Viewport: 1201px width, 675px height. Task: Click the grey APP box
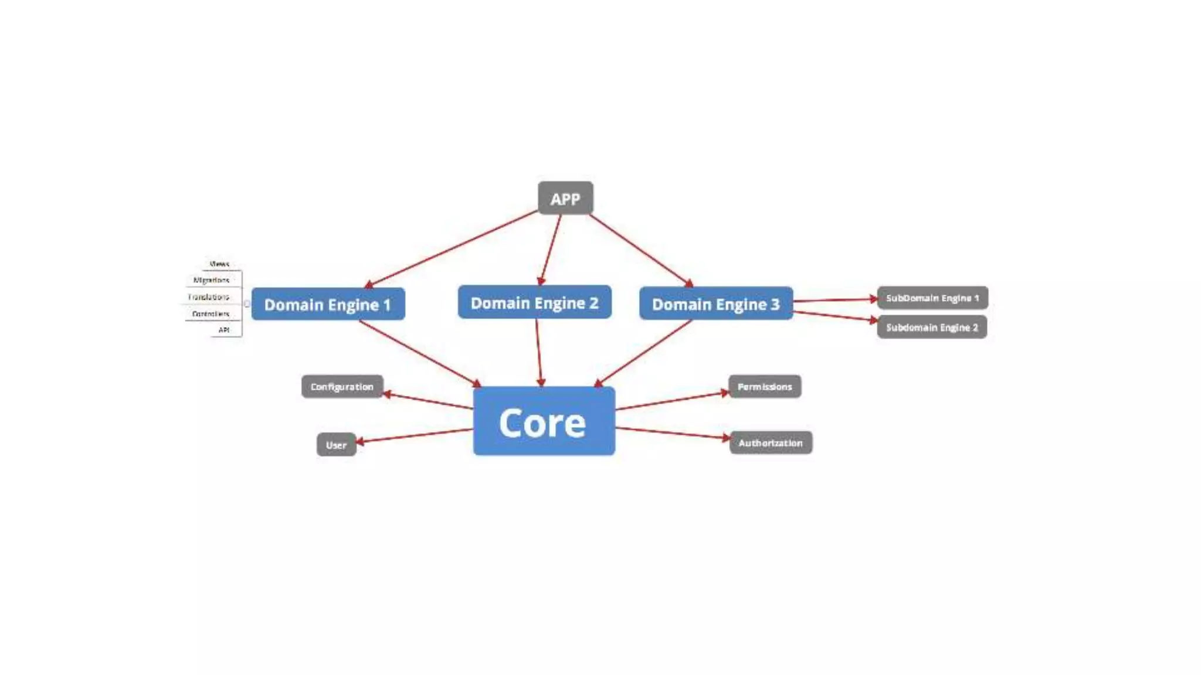565,199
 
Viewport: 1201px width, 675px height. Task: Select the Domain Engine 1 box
328,304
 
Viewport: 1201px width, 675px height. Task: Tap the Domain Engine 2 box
534,302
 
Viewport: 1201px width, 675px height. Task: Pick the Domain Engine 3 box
715,304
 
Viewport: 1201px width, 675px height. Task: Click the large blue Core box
544,421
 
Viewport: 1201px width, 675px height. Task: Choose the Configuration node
342,387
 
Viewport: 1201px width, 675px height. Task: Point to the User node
336,445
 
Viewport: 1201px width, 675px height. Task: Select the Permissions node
764,387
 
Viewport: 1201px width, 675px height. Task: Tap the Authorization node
770,443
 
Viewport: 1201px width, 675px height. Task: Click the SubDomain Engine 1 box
932,298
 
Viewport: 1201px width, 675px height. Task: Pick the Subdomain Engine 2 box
931,327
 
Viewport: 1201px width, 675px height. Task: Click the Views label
219,264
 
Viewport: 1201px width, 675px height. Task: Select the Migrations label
211,280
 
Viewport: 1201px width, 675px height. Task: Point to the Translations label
209,297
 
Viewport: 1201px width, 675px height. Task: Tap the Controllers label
211,314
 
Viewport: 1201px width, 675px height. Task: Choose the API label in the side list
224,330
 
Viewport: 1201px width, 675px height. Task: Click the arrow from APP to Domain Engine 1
452,249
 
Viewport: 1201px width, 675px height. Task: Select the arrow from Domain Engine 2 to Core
538,353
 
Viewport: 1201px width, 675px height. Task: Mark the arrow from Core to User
415,435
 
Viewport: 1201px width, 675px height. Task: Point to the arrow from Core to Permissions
672,401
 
